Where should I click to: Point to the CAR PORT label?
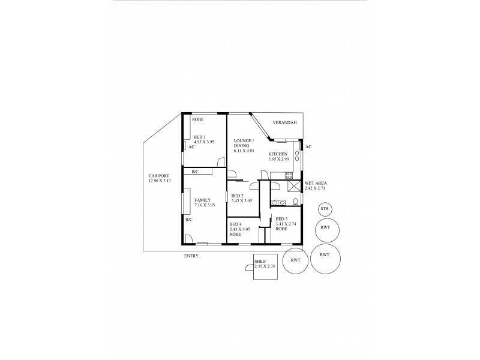tap(158, 176)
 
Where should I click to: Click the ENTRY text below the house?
tap(191, 256)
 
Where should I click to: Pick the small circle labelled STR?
tap(325, 209)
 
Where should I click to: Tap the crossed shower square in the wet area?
tap(294, 185)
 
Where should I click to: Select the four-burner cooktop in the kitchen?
tap(289, 176)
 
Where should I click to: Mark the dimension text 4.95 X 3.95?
tap(204, 141)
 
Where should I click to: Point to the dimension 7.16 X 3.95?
tap(204, 205)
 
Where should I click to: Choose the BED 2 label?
tap(237, 196)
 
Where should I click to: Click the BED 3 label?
tap(281, 219)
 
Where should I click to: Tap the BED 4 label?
tap(236, 224)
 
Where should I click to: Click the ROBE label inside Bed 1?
tap(197, 119)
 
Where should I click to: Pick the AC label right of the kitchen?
tap(308, 147)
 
